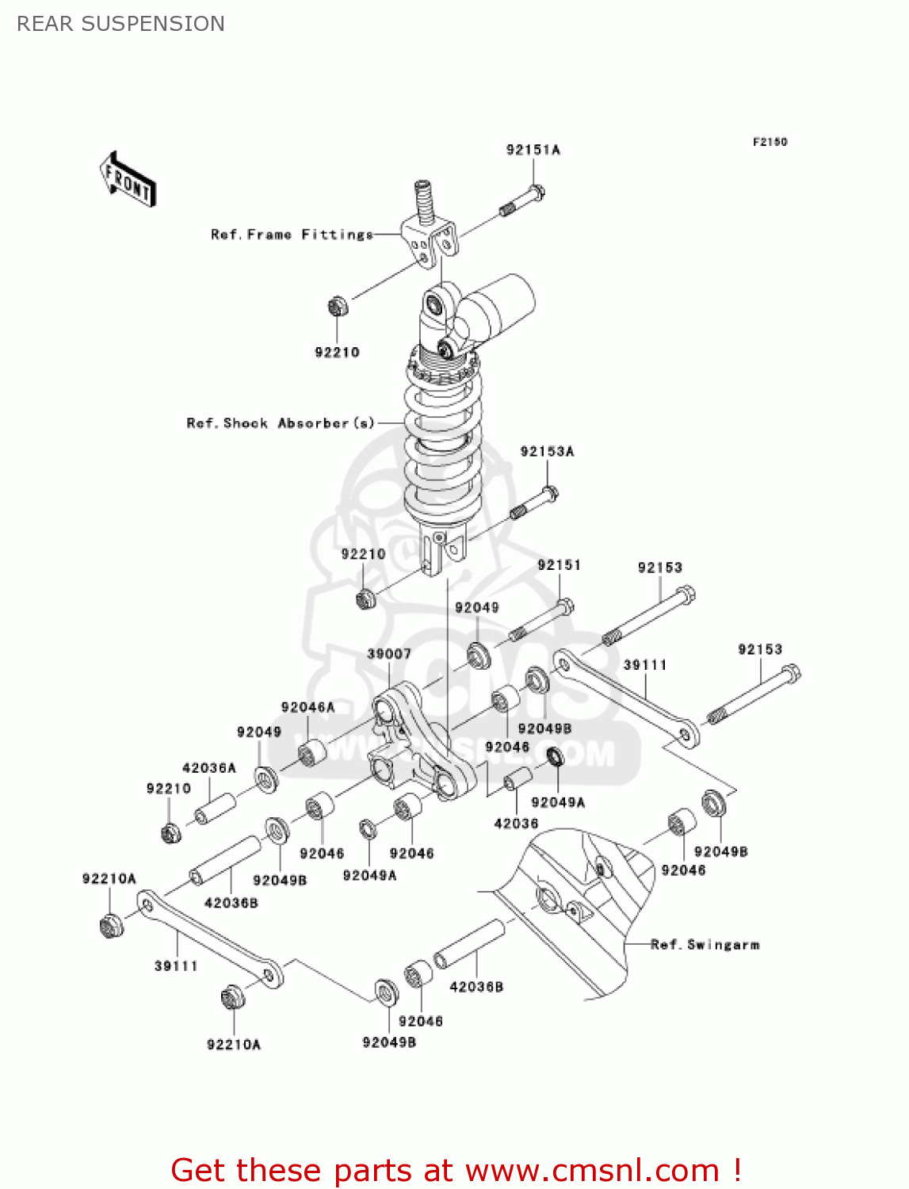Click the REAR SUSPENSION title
(x=120, y=24)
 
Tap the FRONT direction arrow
(x=128, y=180)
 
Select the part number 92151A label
(x=533, y=150)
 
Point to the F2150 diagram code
(x=770, y=142)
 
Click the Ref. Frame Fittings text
(x=292, y=235)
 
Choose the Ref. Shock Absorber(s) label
(x=280, y=423)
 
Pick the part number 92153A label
(x=547, y=452)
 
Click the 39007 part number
(x=388, y=654)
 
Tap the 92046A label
(x=307, y=708)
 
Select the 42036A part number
(x=209, y=768)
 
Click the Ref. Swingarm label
(x=705, y=945)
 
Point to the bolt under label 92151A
(x=523, y=200)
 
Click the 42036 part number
(x=516, y=824)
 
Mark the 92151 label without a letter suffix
(x=559, y=565)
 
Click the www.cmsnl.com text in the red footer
(x=591, y=1171)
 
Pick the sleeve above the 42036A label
(x=216, y=809)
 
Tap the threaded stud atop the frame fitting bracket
(x=425, y=201)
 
